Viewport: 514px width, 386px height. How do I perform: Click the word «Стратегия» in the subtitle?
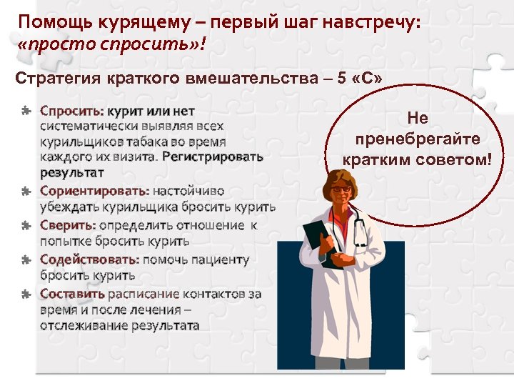(x=58, y=77)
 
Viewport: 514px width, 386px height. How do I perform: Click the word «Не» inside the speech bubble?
(x=418, y=119)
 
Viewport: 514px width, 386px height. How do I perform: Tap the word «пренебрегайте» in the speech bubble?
(x=418, y=139)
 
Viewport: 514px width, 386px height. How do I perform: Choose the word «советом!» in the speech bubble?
(x=456, y=159)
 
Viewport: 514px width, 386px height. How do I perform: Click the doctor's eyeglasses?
(x=341, y=189)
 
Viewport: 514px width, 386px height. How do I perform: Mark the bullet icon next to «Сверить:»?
(x=26, y=226)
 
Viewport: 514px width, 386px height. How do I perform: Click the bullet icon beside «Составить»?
(x=26, y=294)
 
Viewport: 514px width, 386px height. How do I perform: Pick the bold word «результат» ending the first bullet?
(x=72, y=173)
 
